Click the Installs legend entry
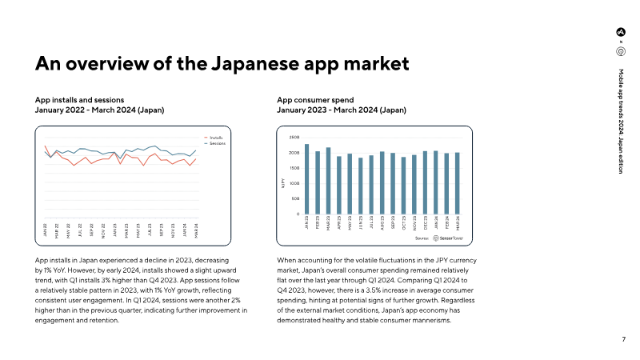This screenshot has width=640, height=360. [215, 138]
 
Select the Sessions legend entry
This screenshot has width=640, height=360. [216, 143]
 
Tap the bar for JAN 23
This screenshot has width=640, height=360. [307, 178]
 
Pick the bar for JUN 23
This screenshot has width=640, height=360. [361, 186]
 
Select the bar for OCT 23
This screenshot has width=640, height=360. [404, 185]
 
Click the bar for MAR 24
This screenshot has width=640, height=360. [458, 183]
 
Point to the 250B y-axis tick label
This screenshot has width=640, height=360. [294, 138]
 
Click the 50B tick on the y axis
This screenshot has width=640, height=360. [295, 198]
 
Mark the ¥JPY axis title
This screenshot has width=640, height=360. [283, 184]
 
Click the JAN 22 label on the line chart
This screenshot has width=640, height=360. [46, 230]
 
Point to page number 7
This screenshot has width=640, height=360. [623, 339]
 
